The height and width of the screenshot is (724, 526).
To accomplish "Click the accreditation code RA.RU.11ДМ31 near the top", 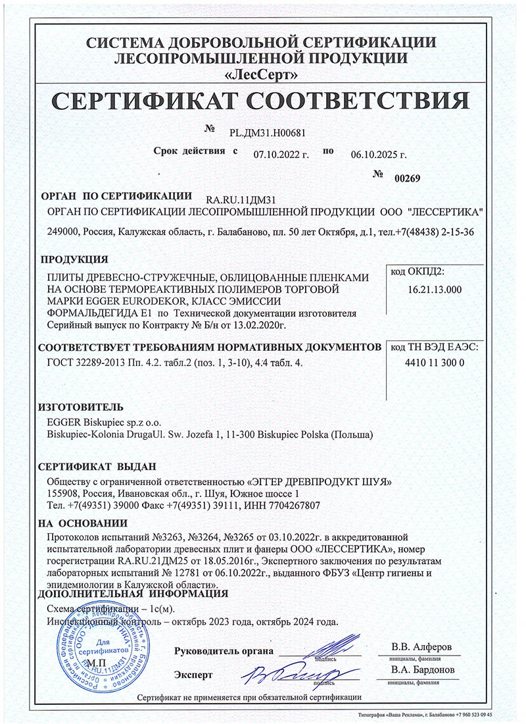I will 241,199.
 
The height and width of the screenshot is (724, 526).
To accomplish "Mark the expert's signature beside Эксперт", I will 296,673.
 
